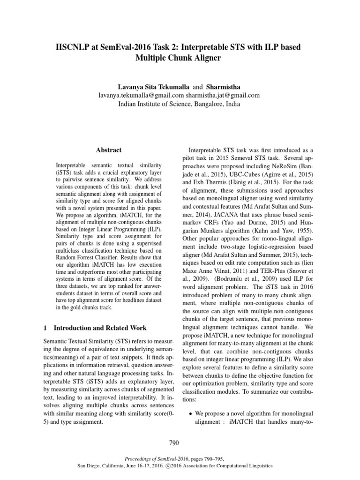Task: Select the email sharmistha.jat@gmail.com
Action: [x=223, y=96]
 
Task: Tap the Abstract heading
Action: [x=108, y=150]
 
